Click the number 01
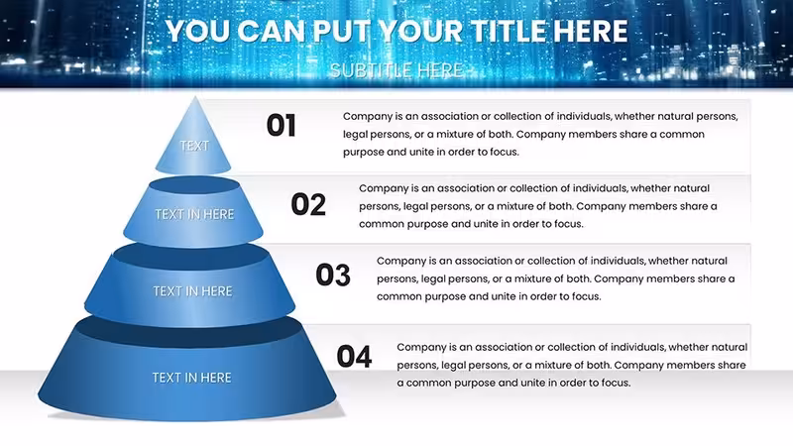click(282, 126)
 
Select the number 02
click(308, 205)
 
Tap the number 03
click(333, 276)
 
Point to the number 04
click(354, 356)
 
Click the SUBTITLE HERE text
click(396, 70)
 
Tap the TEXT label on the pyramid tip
click(194, 146)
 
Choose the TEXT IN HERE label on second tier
click(194, 214)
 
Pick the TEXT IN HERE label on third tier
click(192, 291)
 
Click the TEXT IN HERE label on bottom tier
click(191, 378)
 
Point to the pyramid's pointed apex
click(195, 97)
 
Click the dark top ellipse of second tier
click(193, 185)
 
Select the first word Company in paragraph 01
click(367, 117)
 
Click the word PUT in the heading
click(342, 32)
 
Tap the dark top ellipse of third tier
click(191, 257)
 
